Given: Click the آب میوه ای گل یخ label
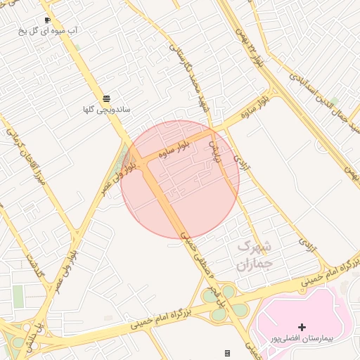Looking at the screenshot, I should click(52, 32).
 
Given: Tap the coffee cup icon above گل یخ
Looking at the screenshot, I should click(47, 20).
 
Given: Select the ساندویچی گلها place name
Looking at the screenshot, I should click(105, 110).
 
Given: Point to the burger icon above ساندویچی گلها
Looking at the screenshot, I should click(106, 98).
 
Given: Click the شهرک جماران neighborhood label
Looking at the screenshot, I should click(254, 256).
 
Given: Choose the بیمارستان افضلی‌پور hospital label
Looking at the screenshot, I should click(303, 338).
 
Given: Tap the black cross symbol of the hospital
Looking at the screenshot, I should click(302, 327).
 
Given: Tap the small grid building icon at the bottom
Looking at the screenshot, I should click(227, 353).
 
